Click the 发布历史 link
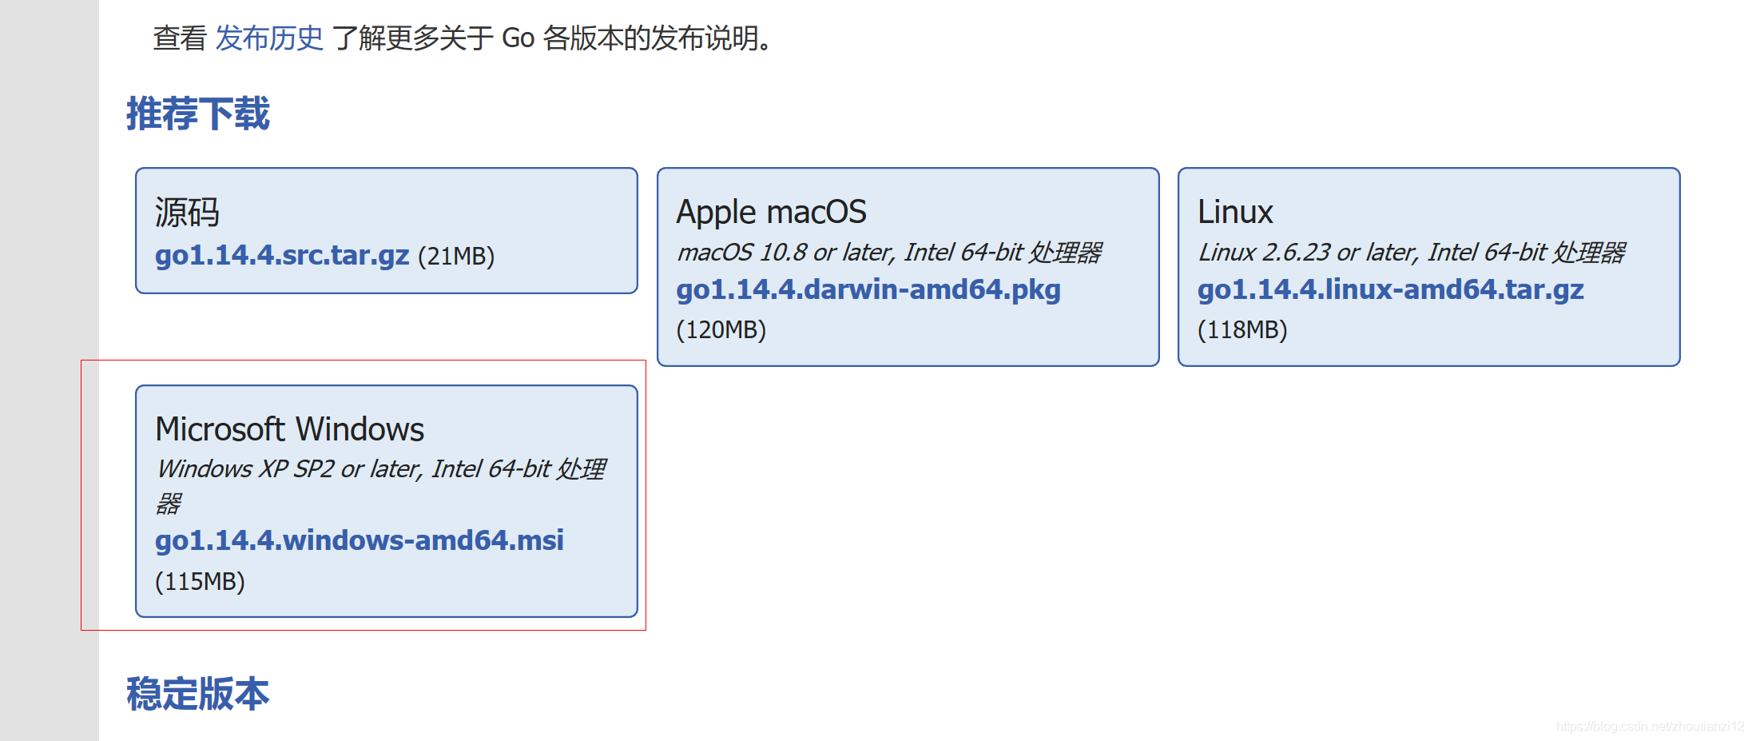[269, 38]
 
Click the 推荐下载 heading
[198, 114]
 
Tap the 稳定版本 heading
[198, 693]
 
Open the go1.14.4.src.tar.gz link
[282, 255]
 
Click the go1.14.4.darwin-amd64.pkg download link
[868, 289]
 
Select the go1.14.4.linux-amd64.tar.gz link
[1390, 289]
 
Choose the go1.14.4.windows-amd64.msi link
[360, 540]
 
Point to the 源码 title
[187, 213]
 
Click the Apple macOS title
[771, 213]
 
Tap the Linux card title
[1235, 213]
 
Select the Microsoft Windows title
[289, 429]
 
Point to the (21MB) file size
[456, 257]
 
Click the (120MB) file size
[721, 329]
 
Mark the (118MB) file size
[1242, 329]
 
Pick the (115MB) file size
[200, 581]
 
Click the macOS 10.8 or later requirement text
[888, 253]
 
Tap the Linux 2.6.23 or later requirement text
[1411, 253]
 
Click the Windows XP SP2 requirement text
[380, 469]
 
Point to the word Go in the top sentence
[518, 38]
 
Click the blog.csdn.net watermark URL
[1650, 726]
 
